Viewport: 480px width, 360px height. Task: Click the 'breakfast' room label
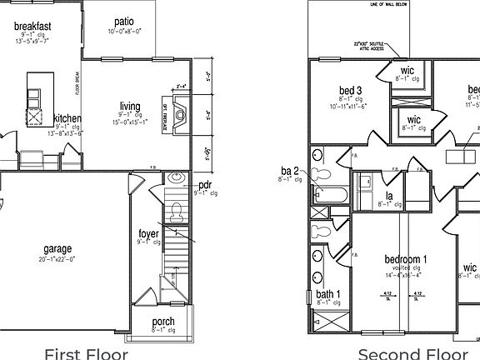click(x=33, y=27)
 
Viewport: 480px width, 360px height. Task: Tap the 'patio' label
click(x=124, y=22)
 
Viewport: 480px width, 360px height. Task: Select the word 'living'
click(x=129, y=106)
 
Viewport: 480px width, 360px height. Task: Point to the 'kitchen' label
click(x=67, y=119)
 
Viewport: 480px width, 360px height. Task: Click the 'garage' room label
click(x=57, y=248)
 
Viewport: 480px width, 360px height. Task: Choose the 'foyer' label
click(x=149, y=233)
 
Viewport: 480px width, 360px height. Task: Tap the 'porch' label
click(x=163, y=322)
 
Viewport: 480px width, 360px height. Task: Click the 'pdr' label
click(x=205, y=185)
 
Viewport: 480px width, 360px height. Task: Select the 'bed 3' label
click(x=350, y=90)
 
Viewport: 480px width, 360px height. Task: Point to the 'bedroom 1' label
click(x=406, y=258)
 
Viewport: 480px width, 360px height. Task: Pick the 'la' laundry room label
click(x=388, y=196)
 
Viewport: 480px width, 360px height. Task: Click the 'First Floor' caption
click(x=86, y=353)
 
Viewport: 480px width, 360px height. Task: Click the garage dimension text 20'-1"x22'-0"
click(x=57, y=259)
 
